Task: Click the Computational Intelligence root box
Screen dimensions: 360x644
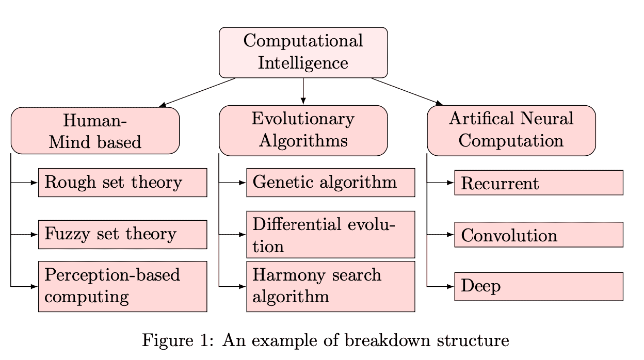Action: click(303, 52)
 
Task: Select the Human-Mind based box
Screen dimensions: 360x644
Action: click(95, 130)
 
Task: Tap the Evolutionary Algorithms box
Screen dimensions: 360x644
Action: click(303, 130)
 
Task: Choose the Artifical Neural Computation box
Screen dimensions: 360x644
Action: click(511, 130)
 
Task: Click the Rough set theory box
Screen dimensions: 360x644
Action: click(122, 182)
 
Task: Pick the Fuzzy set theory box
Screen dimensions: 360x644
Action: click(122, 234)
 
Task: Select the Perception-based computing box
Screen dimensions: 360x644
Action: click(122, 286)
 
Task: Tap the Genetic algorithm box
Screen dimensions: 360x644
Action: click(330, 182)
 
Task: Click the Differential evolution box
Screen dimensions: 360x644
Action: click(330, 234)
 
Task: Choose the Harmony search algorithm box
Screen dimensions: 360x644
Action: click(330, 286)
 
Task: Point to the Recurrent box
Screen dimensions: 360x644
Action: click(539, 183)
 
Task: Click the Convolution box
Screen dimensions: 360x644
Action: click(539, 235)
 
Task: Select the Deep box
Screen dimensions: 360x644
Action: click(539, 286)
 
